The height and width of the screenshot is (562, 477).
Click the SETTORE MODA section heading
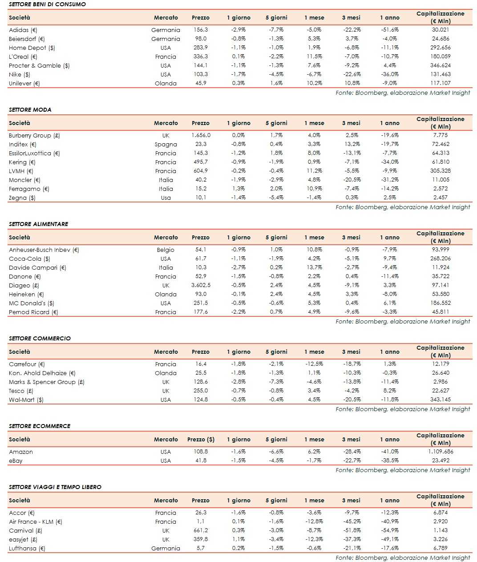(x=30, y=109)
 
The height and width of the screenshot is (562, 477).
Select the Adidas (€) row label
(x=23, y=30)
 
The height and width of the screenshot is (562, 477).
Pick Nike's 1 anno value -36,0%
(x=389, y=74)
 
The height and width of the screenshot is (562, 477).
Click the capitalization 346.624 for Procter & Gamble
(x=440, y=65)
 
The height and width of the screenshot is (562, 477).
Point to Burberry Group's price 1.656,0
(x=201, y=135)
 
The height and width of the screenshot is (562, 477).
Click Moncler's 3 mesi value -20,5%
(x=352, y=180)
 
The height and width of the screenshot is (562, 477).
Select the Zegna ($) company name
(x=22, y=198)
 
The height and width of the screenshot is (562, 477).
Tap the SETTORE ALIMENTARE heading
(x=38, y=224)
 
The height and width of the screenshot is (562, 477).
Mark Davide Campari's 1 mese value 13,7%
(x=314, y=267)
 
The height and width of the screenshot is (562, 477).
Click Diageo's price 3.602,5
(x=201, y=285)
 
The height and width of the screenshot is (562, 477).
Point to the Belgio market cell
(x=166, y=250)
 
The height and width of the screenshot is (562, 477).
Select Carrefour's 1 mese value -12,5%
(x=314, y=364)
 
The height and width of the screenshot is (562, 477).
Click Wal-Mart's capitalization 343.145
(x=440, y=400)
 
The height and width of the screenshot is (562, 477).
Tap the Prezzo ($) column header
(x=201, y=439)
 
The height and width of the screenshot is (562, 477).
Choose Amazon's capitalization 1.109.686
(x=440, y=452)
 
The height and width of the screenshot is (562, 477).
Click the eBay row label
(x=16, y=461)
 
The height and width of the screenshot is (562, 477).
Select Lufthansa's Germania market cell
(x=166, y=548)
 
